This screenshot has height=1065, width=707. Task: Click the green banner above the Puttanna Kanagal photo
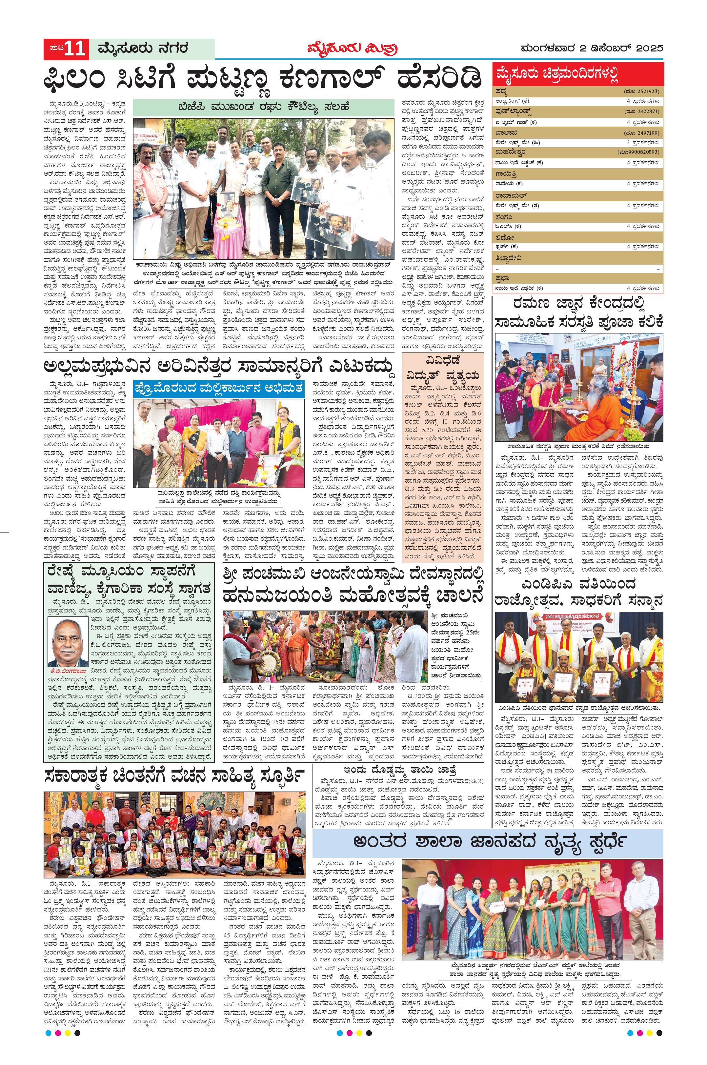pyautogui.click(x=263, y=107)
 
